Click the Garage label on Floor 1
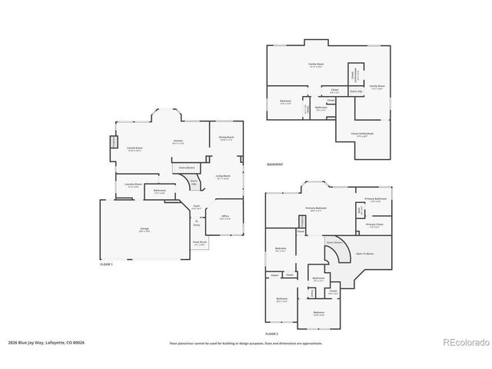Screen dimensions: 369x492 coord(144,229)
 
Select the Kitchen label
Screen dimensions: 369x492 coord(178,141)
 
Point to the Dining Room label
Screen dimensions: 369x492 coord(226,138)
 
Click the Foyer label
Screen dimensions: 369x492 coord(197,205)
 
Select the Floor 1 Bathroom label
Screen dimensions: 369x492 coord(160,190)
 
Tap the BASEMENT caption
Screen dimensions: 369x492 coord(274,165)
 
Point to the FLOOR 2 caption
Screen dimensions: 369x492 coord(271,334)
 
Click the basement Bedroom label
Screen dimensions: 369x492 coord(285,101)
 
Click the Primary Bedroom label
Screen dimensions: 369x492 coord(316,208)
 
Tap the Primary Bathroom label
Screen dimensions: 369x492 coord(376,199)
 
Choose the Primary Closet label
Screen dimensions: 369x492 coord(374,224)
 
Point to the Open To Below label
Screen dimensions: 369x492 coord(364,253)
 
